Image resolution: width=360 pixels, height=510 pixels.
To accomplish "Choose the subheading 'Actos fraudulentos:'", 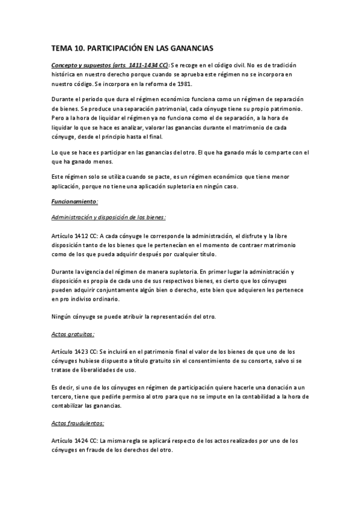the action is [78, 423].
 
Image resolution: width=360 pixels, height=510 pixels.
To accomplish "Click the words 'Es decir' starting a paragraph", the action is [62, 388].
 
